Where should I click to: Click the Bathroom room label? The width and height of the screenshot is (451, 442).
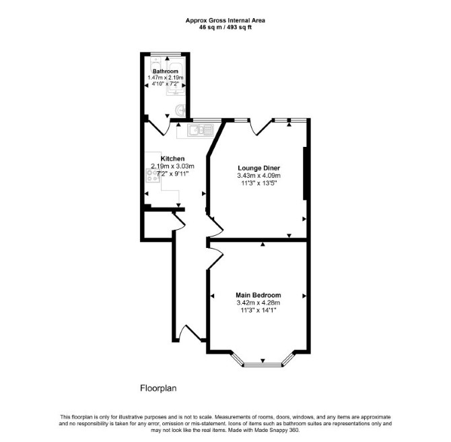click(166, 71)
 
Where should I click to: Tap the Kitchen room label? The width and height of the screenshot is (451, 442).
click(172, 158)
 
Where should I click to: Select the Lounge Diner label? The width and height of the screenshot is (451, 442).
click(259, 168)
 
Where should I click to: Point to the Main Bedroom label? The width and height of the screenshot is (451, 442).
click(258, 295)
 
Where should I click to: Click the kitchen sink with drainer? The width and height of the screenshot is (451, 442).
click(201, 130)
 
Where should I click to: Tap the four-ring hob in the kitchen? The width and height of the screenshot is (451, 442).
click(152, 175)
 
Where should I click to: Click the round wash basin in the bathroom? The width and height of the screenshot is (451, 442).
click(180, 110)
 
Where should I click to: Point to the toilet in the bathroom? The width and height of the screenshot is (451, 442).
click(155, 64)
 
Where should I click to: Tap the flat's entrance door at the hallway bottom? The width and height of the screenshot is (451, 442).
click(190, 334)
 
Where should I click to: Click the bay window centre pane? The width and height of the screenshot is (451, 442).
click(263, 365)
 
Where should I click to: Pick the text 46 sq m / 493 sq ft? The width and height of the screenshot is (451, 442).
click(225, 28)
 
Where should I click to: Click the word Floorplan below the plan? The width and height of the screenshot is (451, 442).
click(158, 388)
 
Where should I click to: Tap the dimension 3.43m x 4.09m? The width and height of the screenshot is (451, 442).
click(259, 175)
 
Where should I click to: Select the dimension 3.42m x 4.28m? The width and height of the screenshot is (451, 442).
click(258, 303)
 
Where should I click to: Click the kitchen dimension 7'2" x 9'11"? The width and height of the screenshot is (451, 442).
click(172, 174)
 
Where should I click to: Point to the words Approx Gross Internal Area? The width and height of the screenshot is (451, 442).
click(225, 20)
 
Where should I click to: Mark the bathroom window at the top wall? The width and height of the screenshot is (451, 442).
click(166, 54)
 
